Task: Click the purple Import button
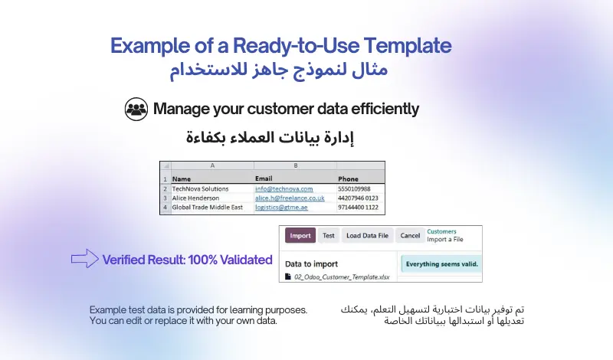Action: (300, 236)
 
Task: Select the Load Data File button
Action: (367, 236)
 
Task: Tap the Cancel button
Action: (410, 236)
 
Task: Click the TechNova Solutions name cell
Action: (200, 188)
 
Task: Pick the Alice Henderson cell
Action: (196, 198)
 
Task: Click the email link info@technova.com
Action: (284, 188)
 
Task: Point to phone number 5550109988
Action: (354, 188)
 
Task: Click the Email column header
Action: (264, 178)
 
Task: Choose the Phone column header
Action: (348, 178)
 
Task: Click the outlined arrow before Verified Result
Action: (84, 260)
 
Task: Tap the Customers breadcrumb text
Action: (441, 231)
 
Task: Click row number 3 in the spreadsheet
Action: (165, 198)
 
